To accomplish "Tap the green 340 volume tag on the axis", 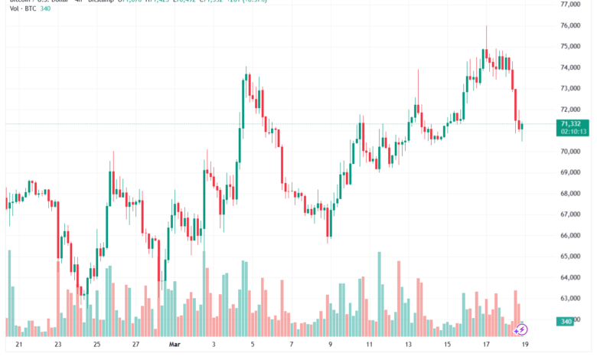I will (x=566, y=321).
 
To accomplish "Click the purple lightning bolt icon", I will (x=520, y=329).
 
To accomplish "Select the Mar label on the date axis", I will (x=175, y=345).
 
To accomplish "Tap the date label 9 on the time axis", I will (x=330, y=345).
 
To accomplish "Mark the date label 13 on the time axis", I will (x=408, y=345).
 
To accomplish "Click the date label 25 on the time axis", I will (x=97, y=345).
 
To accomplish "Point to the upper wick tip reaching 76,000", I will (x=486, y=26).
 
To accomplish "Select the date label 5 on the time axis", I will (x=252, y=345).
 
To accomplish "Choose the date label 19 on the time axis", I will (x=525, y=345).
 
